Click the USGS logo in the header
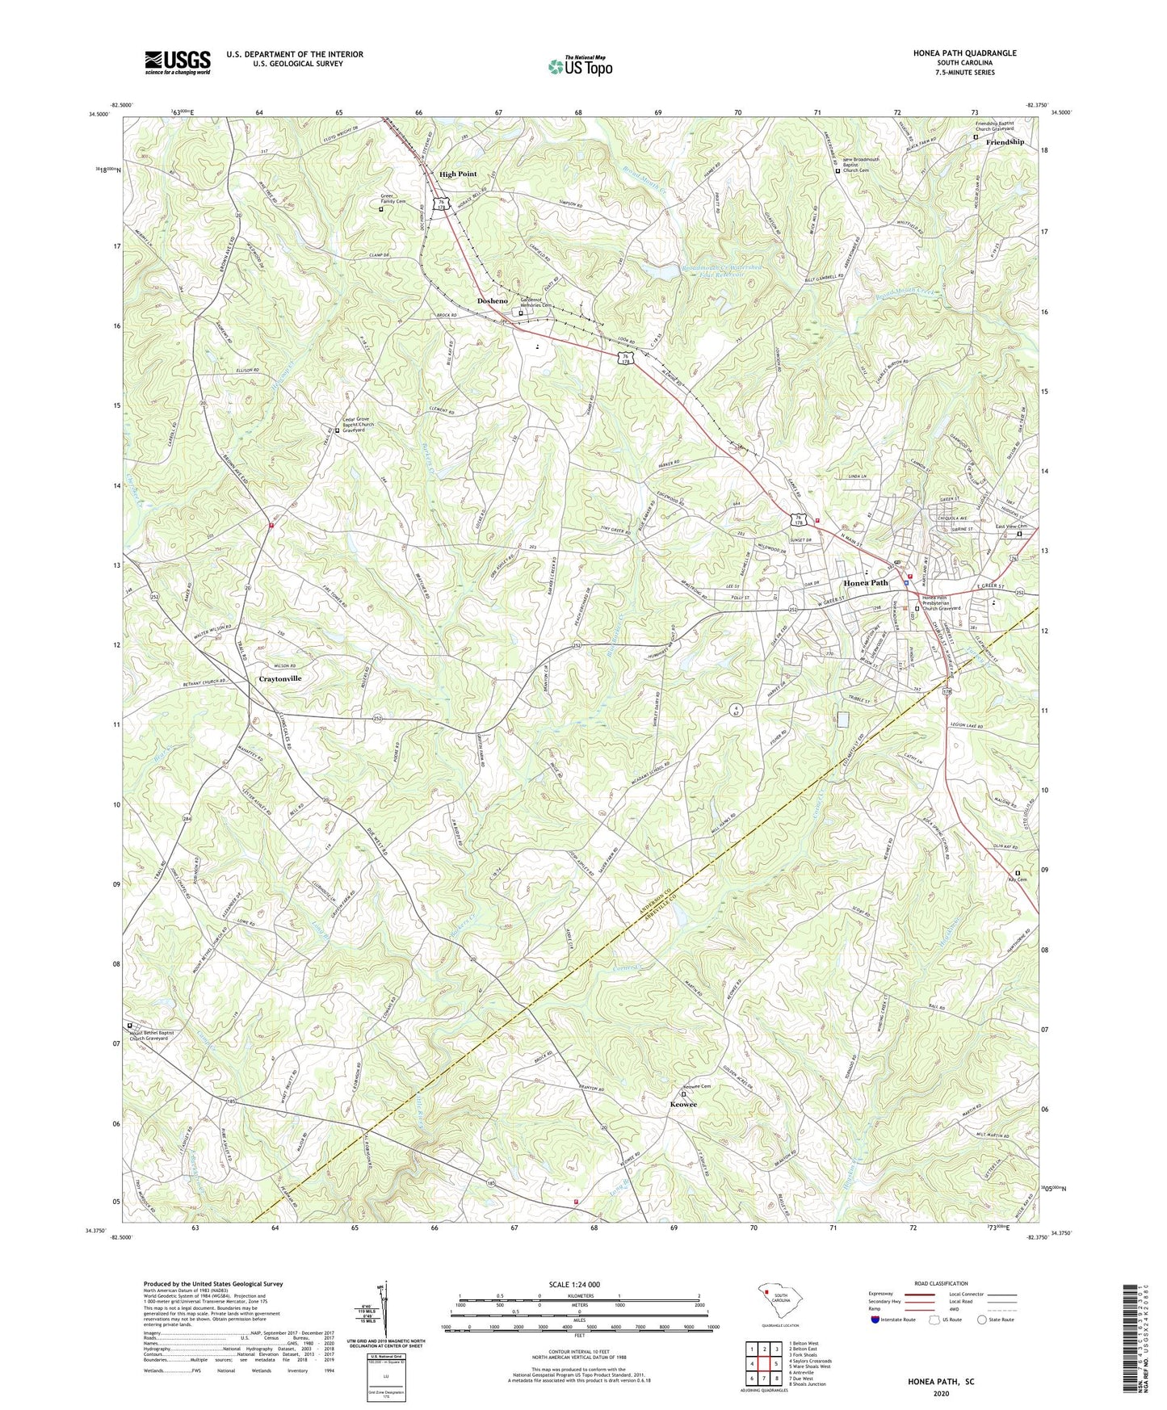(178, 62)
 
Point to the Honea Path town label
(865, 582)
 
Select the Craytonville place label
(279, 678)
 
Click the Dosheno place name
(492, 300)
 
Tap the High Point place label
(458, 174)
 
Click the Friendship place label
(1005, 141)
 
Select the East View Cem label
(1012, 527)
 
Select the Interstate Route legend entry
(894, 1342)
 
